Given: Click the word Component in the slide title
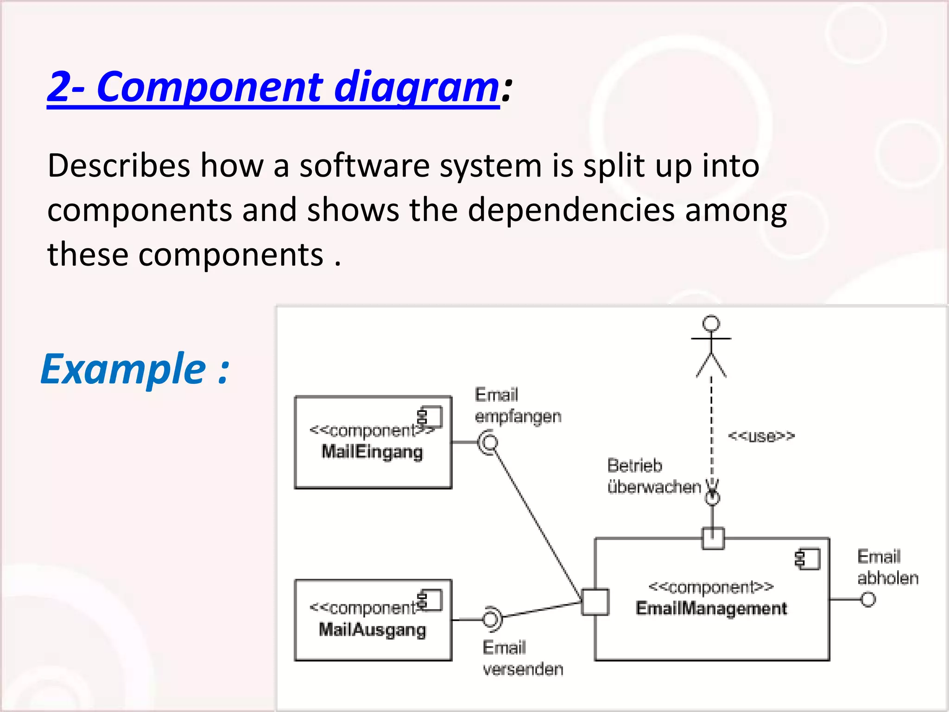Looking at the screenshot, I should point(210,87).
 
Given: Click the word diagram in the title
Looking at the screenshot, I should point(416,87).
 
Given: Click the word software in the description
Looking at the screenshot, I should point(364,165).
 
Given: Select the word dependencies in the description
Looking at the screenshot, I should point(571,210).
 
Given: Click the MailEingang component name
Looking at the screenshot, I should point(372,451).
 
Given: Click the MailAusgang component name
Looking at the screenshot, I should point(372,629).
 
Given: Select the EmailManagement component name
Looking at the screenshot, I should point(711,608).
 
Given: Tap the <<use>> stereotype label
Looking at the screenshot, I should point(761,436).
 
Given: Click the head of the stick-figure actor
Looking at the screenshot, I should point(711,323).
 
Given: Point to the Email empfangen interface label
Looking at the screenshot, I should point(518,406).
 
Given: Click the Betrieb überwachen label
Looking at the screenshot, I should point(653,476).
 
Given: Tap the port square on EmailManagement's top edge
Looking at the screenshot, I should point(713,539).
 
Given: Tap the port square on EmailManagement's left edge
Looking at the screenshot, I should point(595,602).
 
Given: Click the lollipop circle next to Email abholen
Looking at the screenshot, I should point(868,599).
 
